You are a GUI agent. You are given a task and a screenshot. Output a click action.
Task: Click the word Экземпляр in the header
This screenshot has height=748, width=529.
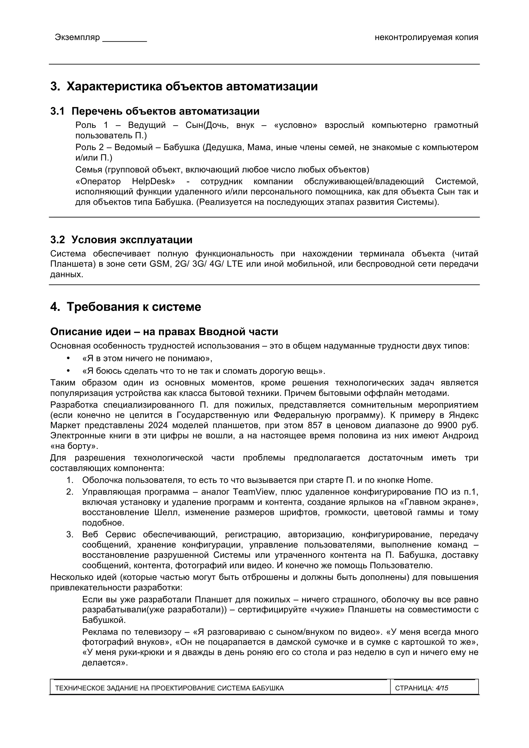pos(77,37)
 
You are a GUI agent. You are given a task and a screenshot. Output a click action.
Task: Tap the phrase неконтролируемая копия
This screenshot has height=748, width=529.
pos(426,37)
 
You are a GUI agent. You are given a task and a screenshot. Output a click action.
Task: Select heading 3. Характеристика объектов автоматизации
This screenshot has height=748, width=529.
pos(184,86)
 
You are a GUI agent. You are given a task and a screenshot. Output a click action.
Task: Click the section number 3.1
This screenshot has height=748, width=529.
pos(57,112)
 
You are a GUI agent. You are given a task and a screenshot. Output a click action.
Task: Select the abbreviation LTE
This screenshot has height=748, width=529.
pos(235,264)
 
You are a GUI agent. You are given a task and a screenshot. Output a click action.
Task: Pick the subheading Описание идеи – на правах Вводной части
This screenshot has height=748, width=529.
pos(164,332)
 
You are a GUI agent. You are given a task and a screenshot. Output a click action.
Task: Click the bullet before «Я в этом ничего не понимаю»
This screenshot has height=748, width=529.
pos(68,358)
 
